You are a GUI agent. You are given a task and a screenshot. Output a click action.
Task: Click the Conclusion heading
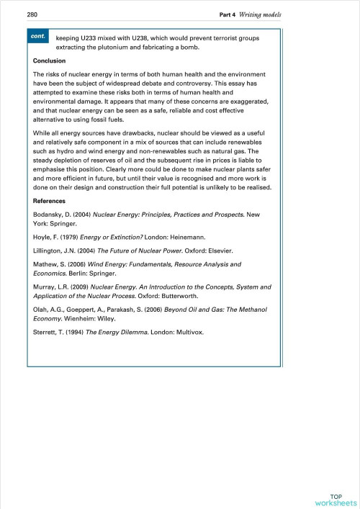coord(50,61)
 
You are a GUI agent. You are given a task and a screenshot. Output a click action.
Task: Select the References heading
coord(50,201)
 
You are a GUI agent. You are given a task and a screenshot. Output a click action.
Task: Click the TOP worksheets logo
coord(336,500)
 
